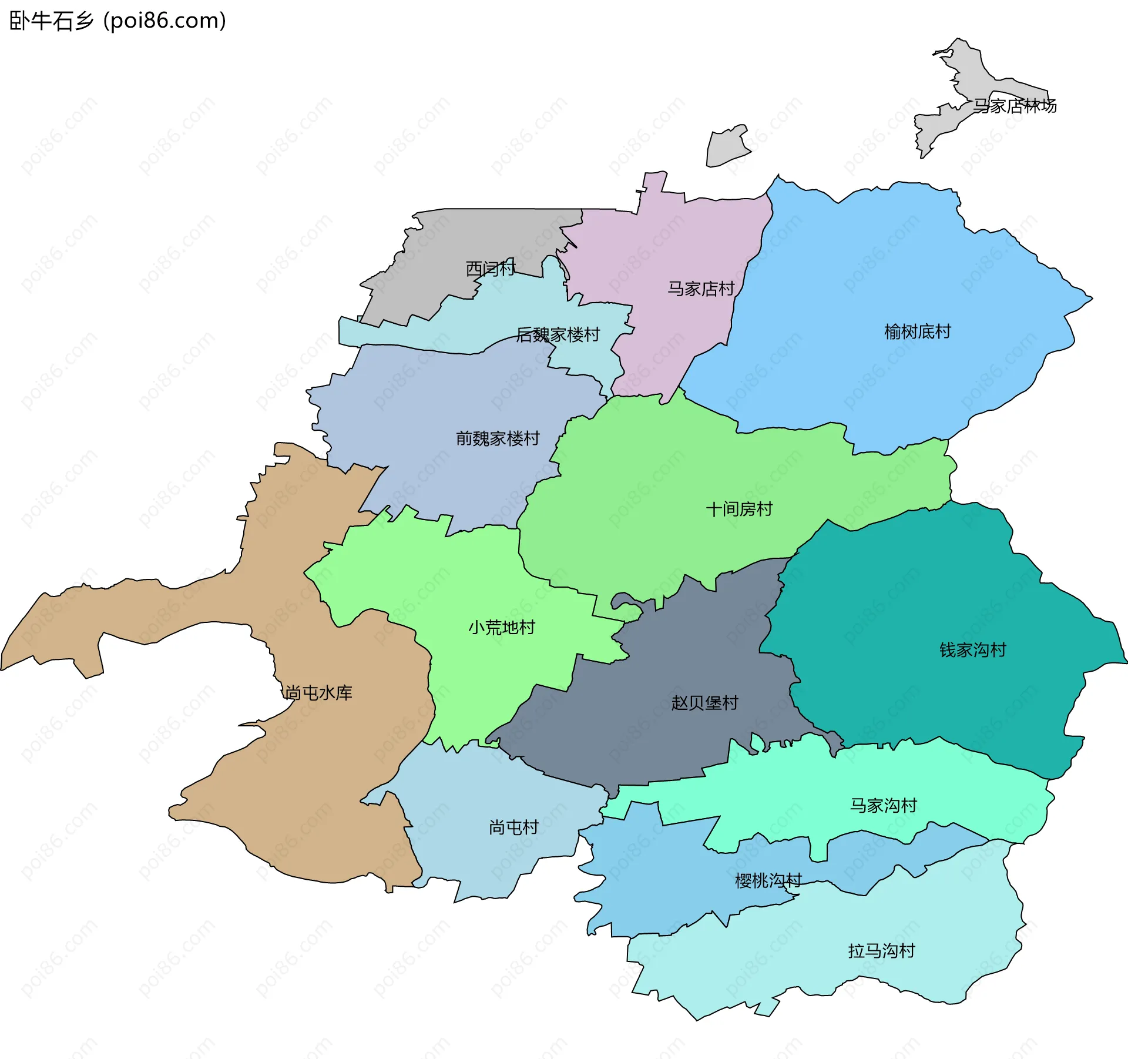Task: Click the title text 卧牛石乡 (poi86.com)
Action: tap(117, 21)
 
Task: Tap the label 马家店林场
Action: tap(1015, 106)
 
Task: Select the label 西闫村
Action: tap(491, 269)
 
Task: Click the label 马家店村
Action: tap(701, 289)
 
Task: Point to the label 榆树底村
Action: tap(917, 331)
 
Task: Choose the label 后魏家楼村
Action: tap(558, 334)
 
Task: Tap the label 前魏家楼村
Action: tap(497, 438)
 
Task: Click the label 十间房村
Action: tap(738, 508)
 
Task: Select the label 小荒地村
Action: tap(501, 627)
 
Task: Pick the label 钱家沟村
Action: tap(972, 649)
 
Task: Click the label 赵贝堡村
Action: tap(704, 702)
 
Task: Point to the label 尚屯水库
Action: tap(318, 692)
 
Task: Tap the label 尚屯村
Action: tap(513, 827)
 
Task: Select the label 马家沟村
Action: tap(883, 805)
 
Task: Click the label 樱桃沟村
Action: tap(768, 880)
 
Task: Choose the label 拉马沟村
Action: tap(881, 950)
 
